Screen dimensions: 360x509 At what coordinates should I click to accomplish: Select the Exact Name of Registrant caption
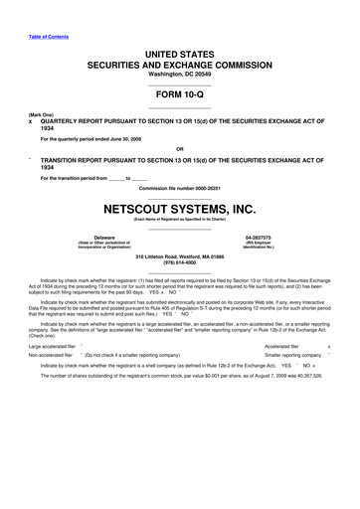pos(179,222)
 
